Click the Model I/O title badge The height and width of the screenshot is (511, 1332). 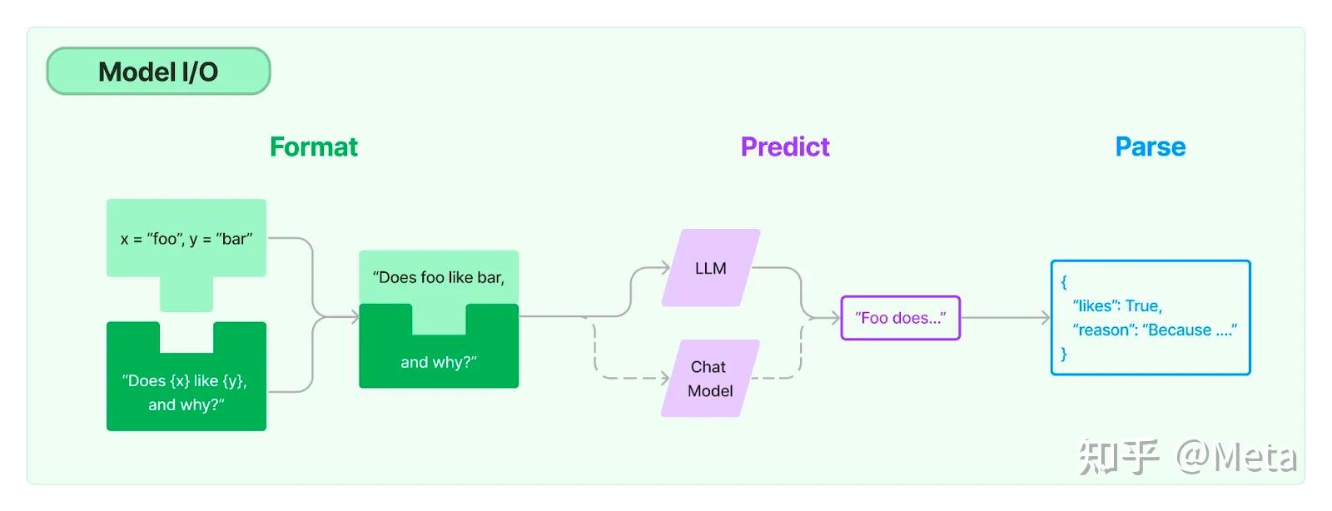coord(158,72)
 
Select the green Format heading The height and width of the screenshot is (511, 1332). coord(313,146)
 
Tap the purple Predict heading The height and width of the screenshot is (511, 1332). coord(785,146)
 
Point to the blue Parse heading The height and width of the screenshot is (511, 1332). coord(1150,146)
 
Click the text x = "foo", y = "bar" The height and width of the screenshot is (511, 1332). coord(186,239)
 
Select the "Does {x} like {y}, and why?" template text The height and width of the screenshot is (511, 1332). coord(186,392)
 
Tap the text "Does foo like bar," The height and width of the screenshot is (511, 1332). coord(438,277)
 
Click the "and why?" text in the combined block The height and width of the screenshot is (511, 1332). coord(438,362)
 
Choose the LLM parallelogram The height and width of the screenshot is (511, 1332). coord(710,268)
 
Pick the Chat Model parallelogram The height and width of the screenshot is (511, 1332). coord(710,379)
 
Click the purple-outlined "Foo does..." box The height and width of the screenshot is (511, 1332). coord(900,318)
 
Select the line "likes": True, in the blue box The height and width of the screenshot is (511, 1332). coord(1117,305)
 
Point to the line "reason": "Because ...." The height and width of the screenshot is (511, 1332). coord(1154,330)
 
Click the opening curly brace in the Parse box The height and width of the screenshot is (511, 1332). coord(1064,281)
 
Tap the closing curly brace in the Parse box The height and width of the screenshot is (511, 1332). coord(1064,354)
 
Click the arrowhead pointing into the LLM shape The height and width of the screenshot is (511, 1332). coord(665,267)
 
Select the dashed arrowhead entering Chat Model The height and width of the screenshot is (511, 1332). coord(664,378)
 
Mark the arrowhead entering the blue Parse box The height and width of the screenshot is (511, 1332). coord(1046,317)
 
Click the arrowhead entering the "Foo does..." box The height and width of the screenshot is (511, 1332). coord(836,317)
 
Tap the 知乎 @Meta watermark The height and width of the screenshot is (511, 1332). coord(1187,457)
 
